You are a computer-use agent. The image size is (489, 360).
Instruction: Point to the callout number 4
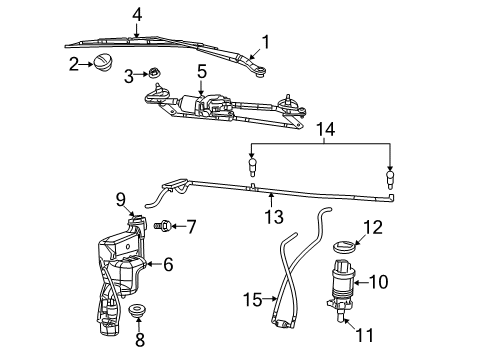pos(137,13)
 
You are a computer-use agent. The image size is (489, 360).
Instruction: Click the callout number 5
pos(201,71)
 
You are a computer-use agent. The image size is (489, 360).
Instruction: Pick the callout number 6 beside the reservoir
pos(168,265)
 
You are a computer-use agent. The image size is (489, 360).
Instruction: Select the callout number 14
pos(321,128)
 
